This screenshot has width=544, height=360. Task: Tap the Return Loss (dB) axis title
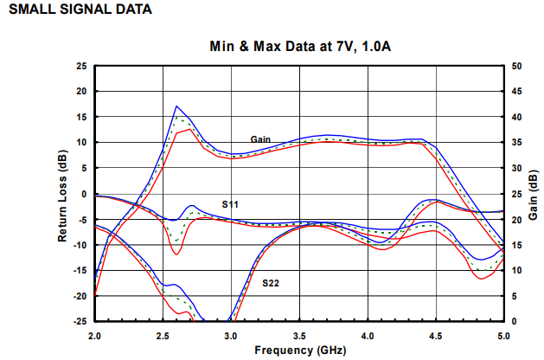coord(63,192)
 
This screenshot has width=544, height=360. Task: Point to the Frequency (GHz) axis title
coord(298,351)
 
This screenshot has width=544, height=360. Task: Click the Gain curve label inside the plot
coord(261,138)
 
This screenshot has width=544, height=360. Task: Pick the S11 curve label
coord(229,204)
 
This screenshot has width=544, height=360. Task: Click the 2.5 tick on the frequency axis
coord(163,334)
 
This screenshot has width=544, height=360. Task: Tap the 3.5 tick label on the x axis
coord(299,334)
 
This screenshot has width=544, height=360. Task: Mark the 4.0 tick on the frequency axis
coord(368,334)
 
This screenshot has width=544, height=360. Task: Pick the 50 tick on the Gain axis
coord(515,66)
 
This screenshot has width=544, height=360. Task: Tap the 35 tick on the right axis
coord(515,142)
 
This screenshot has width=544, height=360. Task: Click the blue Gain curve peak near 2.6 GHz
coord(176,106)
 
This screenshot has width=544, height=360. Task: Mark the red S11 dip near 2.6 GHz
coord(176,254)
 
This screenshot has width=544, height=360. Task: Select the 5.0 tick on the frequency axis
coord(503,334)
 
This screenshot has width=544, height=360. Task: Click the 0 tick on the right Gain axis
coord(513,321)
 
